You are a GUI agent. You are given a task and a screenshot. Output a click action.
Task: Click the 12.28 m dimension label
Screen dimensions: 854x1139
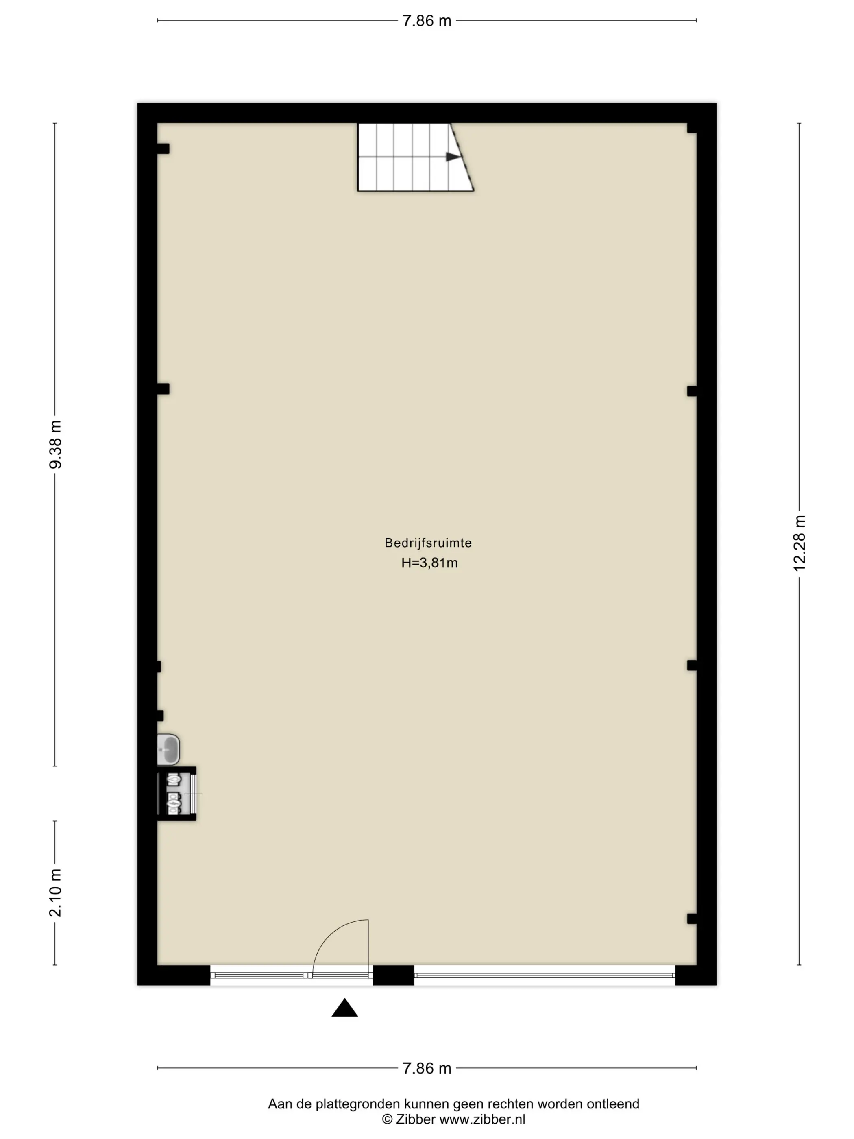click(x=799, y=543)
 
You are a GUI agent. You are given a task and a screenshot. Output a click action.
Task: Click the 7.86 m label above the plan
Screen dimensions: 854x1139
click(x=427, y=21)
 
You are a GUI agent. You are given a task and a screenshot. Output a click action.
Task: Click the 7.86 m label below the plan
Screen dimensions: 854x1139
click(x=427, y=1069)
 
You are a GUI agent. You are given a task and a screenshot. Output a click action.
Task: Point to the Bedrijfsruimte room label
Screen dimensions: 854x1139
click(x=428, y=543)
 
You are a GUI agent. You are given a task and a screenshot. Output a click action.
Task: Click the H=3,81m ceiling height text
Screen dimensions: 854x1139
click(x=429, y=563)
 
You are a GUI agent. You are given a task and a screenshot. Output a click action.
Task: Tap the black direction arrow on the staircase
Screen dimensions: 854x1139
click(x=453, y=157)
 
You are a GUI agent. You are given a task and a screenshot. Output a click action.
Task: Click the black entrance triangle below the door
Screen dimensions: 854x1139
click(x=344, y=1008)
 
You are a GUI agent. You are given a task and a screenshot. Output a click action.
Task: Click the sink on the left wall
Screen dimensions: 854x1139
click(x=168, y=749)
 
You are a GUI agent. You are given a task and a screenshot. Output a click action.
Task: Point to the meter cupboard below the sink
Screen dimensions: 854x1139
click(x=176, y=794)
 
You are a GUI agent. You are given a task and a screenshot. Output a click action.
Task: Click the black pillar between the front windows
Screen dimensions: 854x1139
click(x=393, y=975)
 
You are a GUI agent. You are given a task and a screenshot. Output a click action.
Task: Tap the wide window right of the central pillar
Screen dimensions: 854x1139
click(x=545, y=975)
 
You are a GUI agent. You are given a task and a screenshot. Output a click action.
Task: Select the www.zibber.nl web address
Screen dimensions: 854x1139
click(x=482, y=1119)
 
